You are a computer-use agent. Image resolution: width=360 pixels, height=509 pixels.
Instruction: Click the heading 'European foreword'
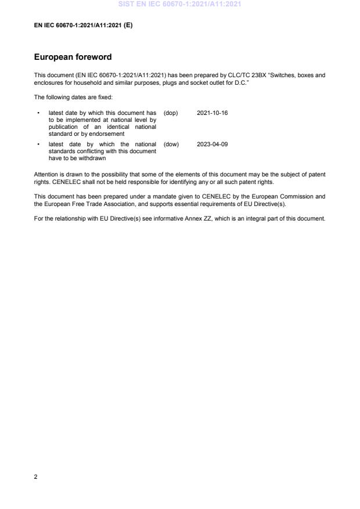click(73, 57)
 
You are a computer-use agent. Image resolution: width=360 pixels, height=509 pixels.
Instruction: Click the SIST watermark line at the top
click(179, 4)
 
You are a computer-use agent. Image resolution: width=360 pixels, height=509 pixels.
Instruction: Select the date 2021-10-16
click(212, 113)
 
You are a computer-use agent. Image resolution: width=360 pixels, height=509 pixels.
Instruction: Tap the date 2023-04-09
click(212, 144)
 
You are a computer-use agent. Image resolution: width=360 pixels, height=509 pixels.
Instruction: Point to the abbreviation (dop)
click(171, 113)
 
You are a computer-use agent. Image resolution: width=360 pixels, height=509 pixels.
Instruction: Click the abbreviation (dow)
click(171, 144)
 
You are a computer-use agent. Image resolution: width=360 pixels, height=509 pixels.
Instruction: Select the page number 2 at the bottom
click(36, 476)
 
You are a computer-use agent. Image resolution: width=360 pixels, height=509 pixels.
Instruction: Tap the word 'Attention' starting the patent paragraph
click(45, 174)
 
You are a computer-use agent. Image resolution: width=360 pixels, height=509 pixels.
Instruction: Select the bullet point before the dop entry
click(38, 113)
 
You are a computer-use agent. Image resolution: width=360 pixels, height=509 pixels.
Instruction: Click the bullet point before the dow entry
click(38, 144)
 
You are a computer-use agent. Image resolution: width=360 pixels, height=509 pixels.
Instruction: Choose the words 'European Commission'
click(294, 196)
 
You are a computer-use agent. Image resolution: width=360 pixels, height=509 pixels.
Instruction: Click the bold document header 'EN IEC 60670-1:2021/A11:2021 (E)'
click(84, 25)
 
